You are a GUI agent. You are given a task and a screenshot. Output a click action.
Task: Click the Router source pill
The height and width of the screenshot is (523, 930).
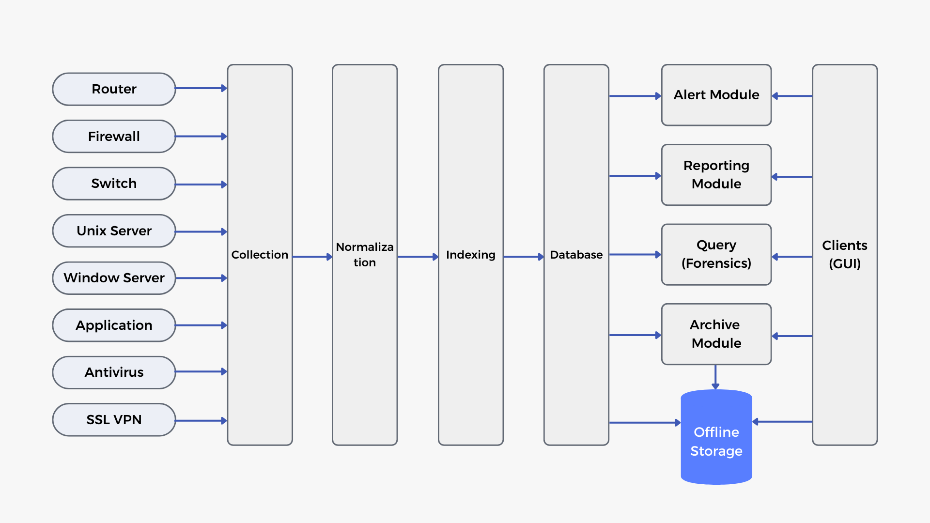(x=114, y=89)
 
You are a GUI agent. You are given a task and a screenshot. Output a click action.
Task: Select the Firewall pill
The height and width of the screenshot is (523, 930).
(x=114, y=137)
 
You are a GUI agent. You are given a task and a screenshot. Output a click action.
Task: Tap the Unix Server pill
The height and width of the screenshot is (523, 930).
(x=114, y=231)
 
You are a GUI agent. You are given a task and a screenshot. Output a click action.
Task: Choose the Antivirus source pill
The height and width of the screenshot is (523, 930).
(x=114, y=372)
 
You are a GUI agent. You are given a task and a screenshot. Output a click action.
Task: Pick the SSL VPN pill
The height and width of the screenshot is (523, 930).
(x=114, y=420)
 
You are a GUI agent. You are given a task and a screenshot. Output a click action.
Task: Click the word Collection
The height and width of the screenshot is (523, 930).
(x=260, y=255)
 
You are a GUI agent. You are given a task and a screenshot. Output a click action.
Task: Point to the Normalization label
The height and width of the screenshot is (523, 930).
(x=365, y=255)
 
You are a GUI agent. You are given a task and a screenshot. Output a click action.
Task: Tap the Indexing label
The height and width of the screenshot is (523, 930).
(x=471, y=255)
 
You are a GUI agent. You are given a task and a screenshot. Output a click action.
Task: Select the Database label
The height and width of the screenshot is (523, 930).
(x=576, y=255)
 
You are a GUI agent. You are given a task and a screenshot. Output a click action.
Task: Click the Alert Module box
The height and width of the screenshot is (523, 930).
(x=716, y=95)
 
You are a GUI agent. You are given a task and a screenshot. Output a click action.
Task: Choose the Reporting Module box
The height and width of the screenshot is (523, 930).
(x=716, y=175)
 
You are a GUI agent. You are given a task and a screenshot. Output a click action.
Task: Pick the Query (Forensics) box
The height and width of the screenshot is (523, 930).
(x=716, y=254)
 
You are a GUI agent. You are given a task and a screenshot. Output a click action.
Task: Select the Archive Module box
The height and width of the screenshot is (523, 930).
(x=716, y=334)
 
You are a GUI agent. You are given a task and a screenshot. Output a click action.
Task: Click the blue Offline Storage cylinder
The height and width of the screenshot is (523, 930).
(x=716, y=437)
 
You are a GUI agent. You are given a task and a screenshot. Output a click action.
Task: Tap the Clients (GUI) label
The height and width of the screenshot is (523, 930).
(x=845, y=254)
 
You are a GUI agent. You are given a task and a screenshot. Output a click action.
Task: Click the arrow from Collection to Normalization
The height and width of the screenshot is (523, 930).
(x=312, y=257)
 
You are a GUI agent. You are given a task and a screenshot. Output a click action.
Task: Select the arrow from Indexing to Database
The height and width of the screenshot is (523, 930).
(x=524, y=257)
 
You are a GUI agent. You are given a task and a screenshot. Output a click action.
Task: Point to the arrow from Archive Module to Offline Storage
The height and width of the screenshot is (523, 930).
(x=715, y=377)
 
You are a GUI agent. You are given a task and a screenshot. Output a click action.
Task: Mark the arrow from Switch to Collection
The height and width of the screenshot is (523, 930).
(x=201, y=185)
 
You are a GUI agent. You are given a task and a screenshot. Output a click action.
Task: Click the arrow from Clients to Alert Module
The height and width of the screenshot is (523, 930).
(x=792, y=96)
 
